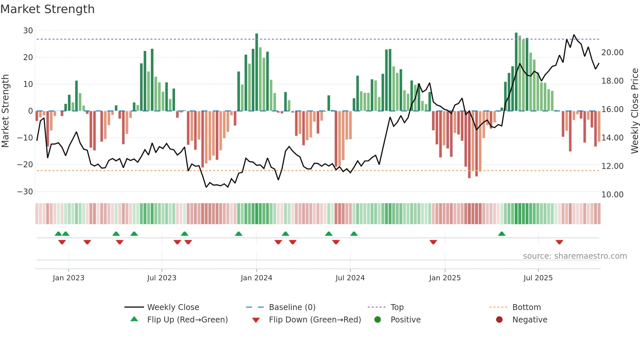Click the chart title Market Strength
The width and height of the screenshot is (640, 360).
(47, 9)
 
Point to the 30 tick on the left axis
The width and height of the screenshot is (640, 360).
(28, 31)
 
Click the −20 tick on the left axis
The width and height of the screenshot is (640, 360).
(25, 165)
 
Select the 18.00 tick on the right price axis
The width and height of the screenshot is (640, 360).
(612, 81)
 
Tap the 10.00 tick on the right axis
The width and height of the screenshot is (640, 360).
(612, 195)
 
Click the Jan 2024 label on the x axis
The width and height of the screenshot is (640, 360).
(256, 278)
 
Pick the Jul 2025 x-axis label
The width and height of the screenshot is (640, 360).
(538, 278)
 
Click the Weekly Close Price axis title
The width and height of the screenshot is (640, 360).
(634, 111)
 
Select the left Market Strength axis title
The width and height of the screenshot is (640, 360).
(5, 111)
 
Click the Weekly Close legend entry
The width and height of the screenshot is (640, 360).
(173, 307)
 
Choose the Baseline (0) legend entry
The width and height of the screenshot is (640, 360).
(292, 307)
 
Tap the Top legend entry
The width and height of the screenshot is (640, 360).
(397, 307)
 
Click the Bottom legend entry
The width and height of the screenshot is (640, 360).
(526, 307)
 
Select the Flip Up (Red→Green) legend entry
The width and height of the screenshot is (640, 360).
(187, 320)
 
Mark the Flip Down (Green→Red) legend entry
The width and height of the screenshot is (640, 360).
(315, 320)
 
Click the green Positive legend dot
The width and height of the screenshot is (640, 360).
(377, 320)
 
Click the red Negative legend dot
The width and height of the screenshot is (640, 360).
(499, 320)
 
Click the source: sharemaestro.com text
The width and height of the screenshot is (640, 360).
(575, 256)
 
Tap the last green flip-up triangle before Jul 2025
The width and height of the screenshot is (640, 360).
(502, 234)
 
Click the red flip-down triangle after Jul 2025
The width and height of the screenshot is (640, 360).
(559, 242)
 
